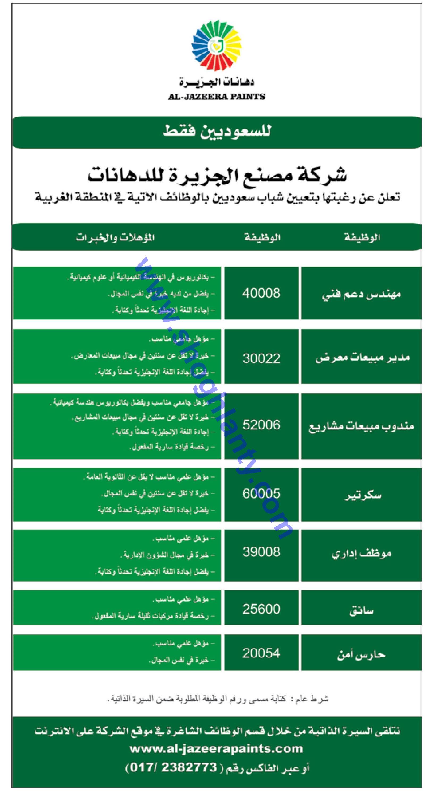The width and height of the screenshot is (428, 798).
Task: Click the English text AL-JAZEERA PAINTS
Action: coord(217,97)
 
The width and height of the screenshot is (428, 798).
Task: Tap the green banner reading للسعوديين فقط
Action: coord(217,132)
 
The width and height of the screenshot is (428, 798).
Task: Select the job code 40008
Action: coord(261,293)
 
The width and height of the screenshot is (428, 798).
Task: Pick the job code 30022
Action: coord(261,358)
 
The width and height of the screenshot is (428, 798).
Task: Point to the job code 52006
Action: coord(261,425)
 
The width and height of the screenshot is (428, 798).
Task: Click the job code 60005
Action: coord(261,493)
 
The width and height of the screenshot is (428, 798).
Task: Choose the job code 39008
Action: coord(261,552)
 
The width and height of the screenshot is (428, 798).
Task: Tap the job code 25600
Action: coord(261,609)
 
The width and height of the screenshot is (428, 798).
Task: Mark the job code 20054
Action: coord(261,653)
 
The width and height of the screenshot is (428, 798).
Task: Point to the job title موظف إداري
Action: coord(361,553)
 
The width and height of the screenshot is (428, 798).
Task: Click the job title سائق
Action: coord(361,610)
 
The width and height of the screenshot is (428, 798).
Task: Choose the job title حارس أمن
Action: coord(361,654)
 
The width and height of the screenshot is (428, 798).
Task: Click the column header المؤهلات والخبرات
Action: coord(115,238)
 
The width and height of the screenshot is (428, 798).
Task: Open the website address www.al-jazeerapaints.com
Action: coord(216,749)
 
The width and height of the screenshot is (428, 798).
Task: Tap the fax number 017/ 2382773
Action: coord(173,768)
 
